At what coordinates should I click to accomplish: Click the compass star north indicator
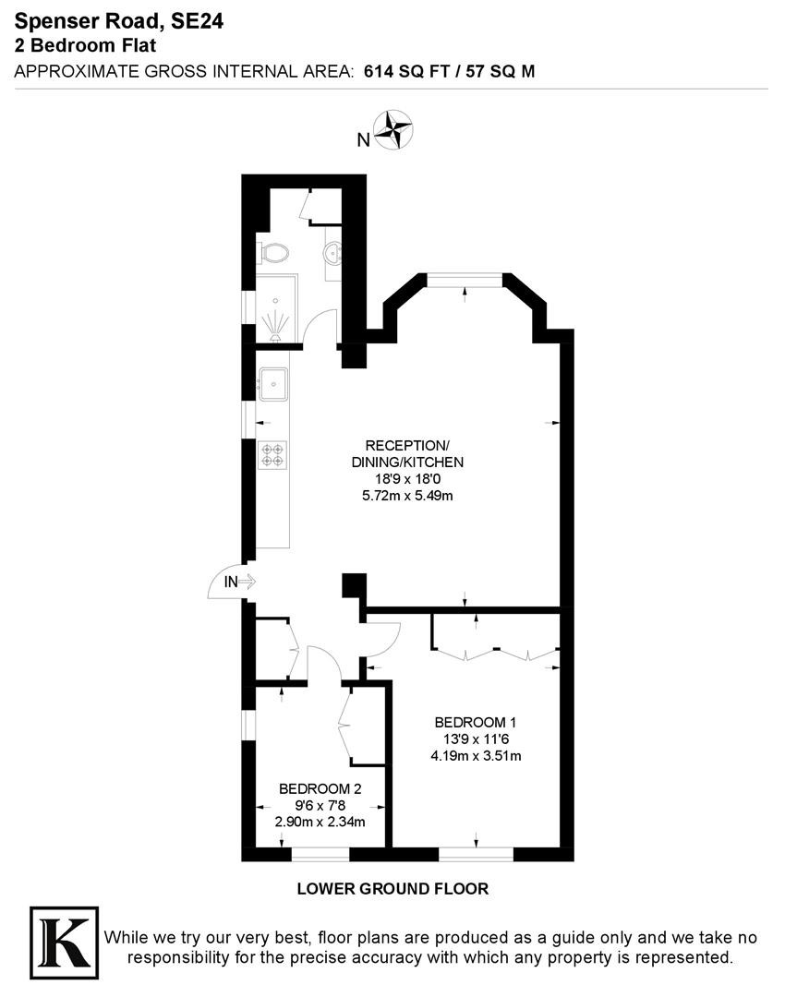click(393, 130)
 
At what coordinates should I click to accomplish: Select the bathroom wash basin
click(333, 255)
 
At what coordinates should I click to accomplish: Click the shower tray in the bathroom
click(277, 308)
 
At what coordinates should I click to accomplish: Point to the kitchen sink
click(273, 384)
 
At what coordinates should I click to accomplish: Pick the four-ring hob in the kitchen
click(273, 454)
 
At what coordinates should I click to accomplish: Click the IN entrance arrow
click(247, 582)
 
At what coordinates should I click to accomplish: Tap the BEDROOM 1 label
click(476, 722)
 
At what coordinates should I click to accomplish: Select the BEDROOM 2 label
click(320, 789)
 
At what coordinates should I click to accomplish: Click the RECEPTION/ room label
click(407, 445)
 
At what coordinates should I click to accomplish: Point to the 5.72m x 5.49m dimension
click(407, 496)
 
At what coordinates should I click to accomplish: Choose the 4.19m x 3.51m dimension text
click(476, 756)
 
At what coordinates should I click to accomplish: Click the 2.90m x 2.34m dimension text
click(320, 823)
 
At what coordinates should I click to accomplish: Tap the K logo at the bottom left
click(65, 943)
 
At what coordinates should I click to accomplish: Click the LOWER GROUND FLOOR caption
click(392, 889)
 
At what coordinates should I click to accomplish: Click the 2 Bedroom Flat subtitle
click(85, 46)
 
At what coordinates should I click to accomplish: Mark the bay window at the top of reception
click(465, 277)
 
